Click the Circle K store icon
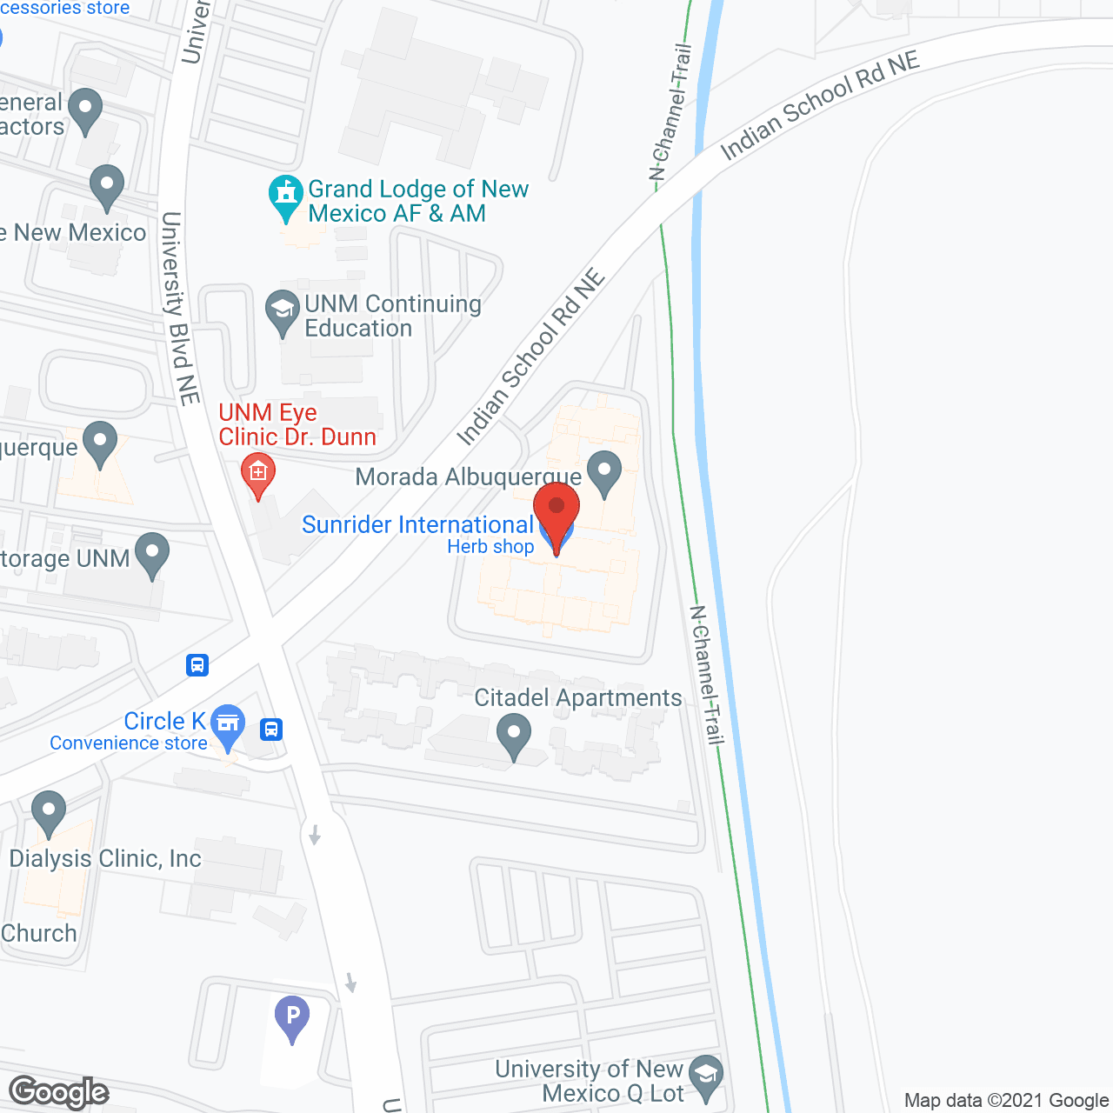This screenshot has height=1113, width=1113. click(228, 724)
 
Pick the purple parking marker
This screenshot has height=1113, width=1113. click(292, 1016)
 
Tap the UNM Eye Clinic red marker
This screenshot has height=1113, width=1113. click(257, 474)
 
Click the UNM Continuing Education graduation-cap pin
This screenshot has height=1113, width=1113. click(282, 311)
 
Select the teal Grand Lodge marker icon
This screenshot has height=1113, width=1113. click(285, 197)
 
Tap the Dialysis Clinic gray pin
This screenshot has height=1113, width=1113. click(49, 812)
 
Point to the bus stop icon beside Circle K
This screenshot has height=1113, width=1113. click(271, 729)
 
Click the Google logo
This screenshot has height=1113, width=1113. click(58, 1092)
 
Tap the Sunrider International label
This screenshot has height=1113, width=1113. click(417, 525)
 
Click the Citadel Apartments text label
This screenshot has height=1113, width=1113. click(577, 698)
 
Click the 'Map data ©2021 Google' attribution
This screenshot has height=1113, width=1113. click(1006, 1101)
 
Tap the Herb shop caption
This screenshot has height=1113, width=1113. click(490, 547)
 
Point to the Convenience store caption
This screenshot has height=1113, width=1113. click(129, 743)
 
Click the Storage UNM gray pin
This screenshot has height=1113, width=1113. click(153, 555)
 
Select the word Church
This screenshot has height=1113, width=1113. click(39, 934)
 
